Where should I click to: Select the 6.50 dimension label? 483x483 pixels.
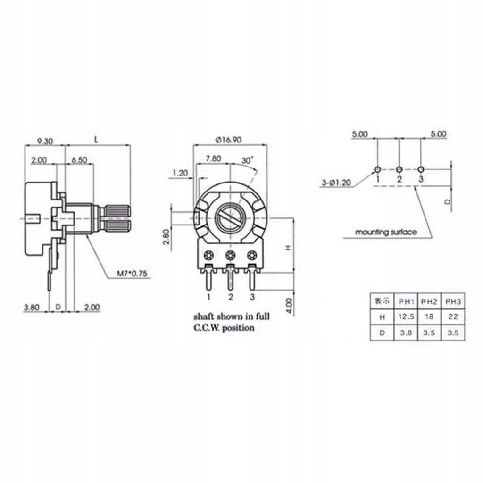point(79,160)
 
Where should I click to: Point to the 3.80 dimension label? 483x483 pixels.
point(31,307)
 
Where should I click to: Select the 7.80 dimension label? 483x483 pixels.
point(213,159)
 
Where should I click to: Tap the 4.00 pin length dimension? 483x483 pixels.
point(289,306)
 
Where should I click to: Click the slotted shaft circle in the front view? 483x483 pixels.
point(230,218)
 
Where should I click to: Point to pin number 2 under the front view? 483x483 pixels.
point(231,297)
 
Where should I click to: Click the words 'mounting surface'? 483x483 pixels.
point(386,232)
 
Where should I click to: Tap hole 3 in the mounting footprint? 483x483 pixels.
point(421,169)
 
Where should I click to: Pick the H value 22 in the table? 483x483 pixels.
point(452,317)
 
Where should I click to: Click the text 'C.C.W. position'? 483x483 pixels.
point(224,327)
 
